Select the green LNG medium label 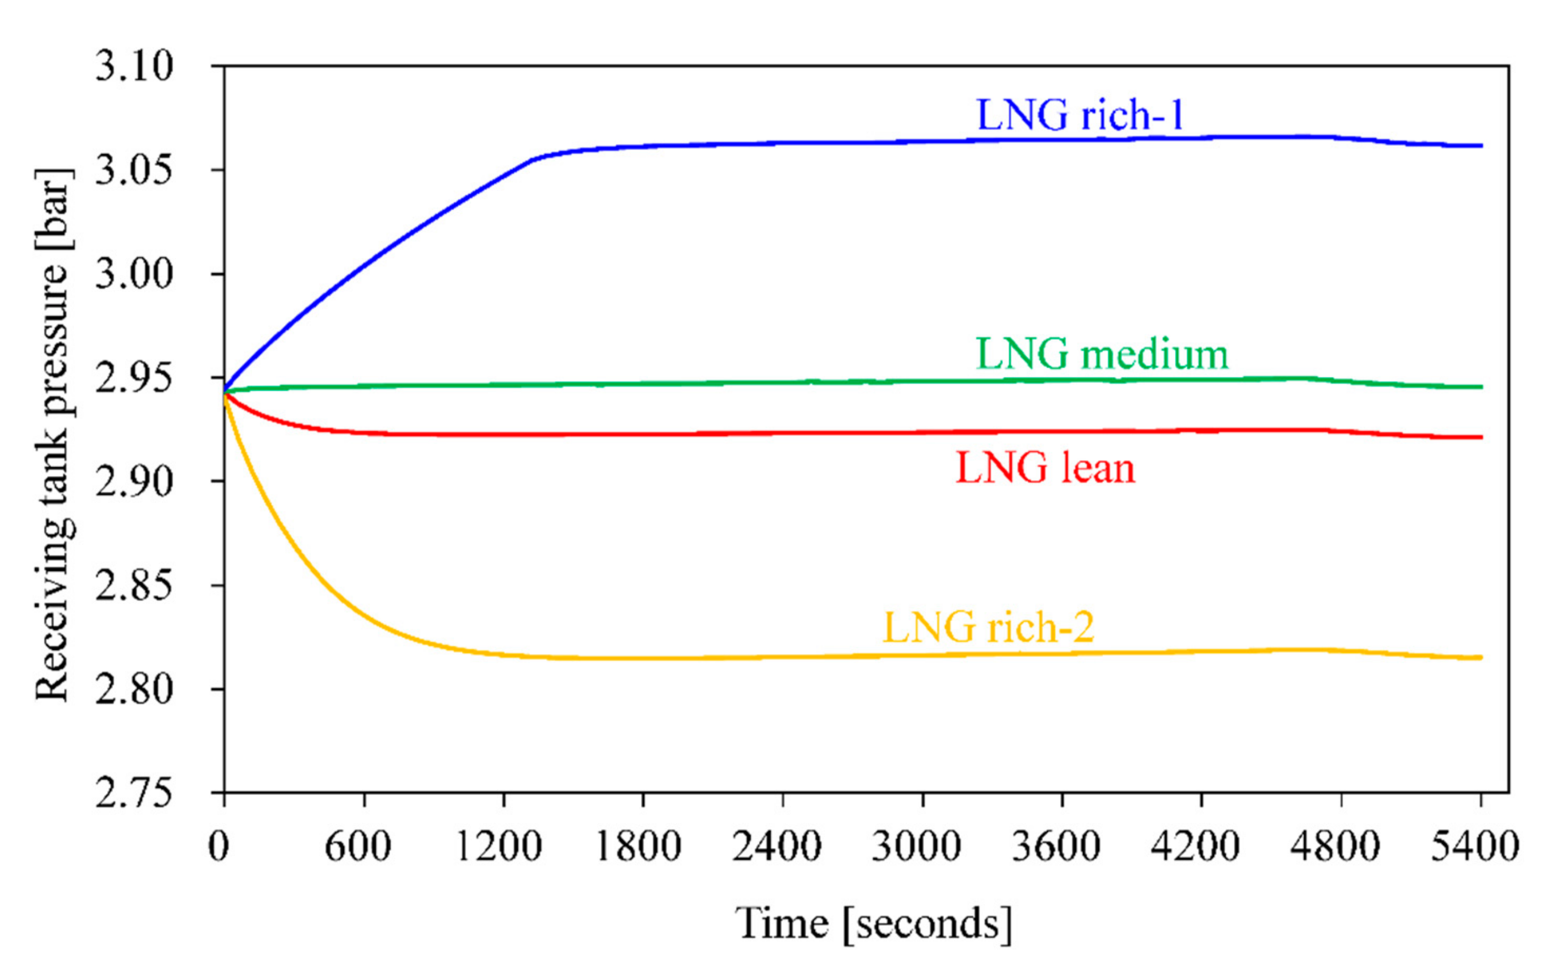[x=1102, y=355]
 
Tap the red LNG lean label [x=1045, y=468]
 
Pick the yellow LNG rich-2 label [x=988, y=627]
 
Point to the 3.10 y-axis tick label [x=134, y=66]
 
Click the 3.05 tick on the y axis [x=134, y=170]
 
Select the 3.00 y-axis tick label [x=134, y=273]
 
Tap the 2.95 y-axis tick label [x=134, y=378]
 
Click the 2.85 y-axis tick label [x=134, y=585]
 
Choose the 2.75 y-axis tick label [x=134, y=793]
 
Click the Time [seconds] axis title [x=873, y=924]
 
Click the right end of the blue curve [x=1481, y=145]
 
